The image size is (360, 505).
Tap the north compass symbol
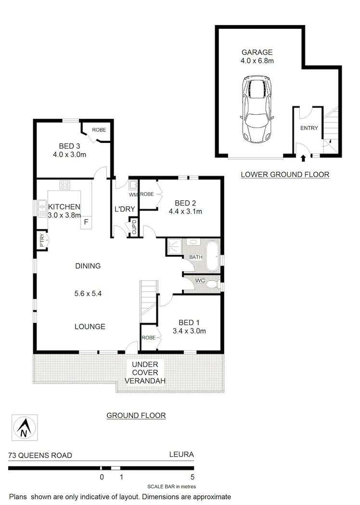[23, 428]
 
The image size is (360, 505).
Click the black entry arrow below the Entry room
[303, 157]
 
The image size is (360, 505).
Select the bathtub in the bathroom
[212, 257]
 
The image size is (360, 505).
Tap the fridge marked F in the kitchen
[86, 222]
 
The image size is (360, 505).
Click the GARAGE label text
[257, 52]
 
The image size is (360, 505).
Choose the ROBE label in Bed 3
[99, 130]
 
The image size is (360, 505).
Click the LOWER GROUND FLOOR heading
[285, 175]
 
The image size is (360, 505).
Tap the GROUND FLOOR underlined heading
[136, 416]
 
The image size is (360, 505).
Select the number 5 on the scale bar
[193, 478]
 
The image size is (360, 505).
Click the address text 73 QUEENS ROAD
[40, 455]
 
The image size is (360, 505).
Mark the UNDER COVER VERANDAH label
[145, 372]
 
